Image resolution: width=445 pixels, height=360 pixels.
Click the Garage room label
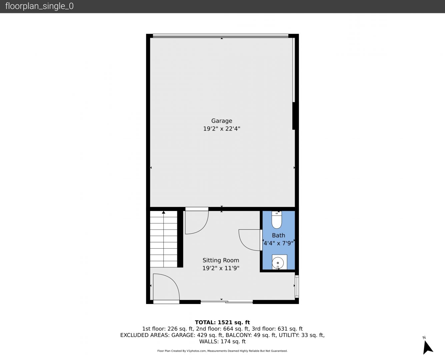click(222, 121)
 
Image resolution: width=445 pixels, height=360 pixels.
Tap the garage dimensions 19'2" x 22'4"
click(222, 129)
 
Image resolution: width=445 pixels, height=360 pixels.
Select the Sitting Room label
click(221, 260)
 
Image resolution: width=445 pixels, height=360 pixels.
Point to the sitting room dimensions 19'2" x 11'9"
click(221, 268)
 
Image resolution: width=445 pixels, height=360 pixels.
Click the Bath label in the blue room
click(278, 235)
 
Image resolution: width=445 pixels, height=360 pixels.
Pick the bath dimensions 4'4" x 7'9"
click(278, 243)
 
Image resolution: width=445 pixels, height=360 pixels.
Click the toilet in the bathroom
click(277, 220)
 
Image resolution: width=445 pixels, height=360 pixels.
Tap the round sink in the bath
click(278, 263)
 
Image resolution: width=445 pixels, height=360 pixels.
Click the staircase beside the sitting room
click(164, 239)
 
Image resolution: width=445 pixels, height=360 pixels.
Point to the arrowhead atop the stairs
click(164, 212)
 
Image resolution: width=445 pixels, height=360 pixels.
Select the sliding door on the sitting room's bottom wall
click(227, 301)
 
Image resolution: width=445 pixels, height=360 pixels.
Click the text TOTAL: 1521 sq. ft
click(222, 322)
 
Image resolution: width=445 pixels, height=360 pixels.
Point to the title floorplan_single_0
click(39, 6)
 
